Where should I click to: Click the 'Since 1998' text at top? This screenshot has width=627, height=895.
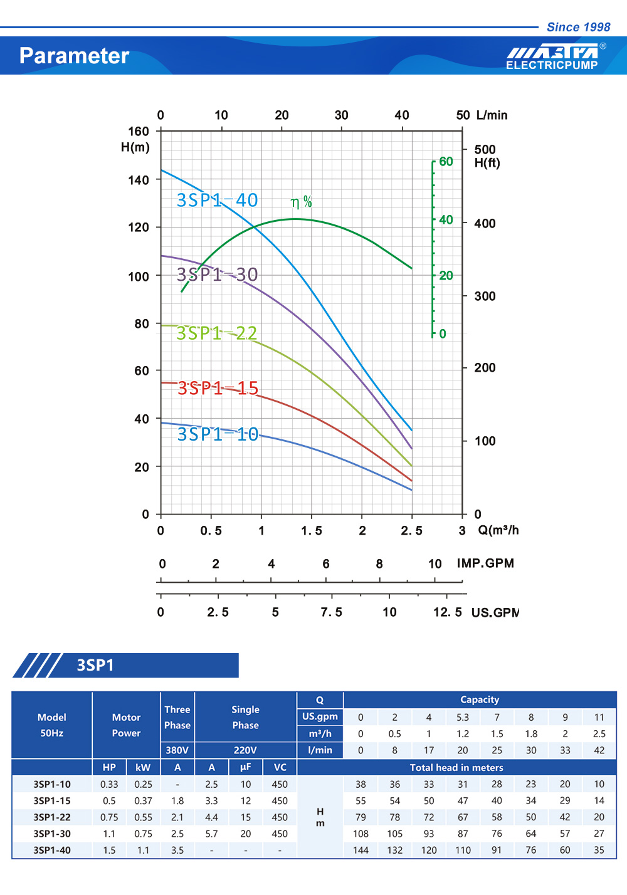click(x=578, y=27)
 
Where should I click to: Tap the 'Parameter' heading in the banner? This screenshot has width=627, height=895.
click(x=74, y=56)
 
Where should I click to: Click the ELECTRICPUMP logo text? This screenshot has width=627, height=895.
click(x=552, y=65)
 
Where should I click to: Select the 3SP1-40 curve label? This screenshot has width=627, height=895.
click(x=217, y=200)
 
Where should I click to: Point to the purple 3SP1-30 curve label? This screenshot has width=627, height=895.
click(x=217, y=275)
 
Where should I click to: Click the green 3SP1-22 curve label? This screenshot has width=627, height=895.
click(x=217, y=333)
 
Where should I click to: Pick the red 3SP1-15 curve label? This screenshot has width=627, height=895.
click(x=218, y=388)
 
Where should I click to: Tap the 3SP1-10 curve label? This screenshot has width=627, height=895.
click(x=218, y=434)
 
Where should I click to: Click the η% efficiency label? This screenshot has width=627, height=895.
click(x=301, y=202)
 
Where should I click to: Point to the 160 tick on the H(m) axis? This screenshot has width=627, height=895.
click(x=139, y=132)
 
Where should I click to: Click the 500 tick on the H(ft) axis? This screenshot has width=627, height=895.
click(x=485, y=150)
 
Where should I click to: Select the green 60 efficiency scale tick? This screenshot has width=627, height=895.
click(x=446, y=162)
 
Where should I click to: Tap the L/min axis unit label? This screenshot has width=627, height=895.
click(x=492, y=115)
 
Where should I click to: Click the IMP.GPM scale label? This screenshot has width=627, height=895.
click(x=485, y=563)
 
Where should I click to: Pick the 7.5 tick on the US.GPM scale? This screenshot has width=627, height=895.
click(x=331, y=612)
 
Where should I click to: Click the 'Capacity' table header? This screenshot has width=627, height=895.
click(x=480, y=699)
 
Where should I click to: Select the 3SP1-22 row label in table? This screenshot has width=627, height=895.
click(x=52, y=817)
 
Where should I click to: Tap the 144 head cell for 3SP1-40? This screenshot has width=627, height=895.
click(x=361, y=851)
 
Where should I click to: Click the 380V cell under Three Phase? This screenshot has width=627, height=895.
click(x=177, y=750)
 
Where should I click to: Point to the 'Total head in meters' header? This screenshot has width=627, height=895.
click(x=456, y=768)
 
